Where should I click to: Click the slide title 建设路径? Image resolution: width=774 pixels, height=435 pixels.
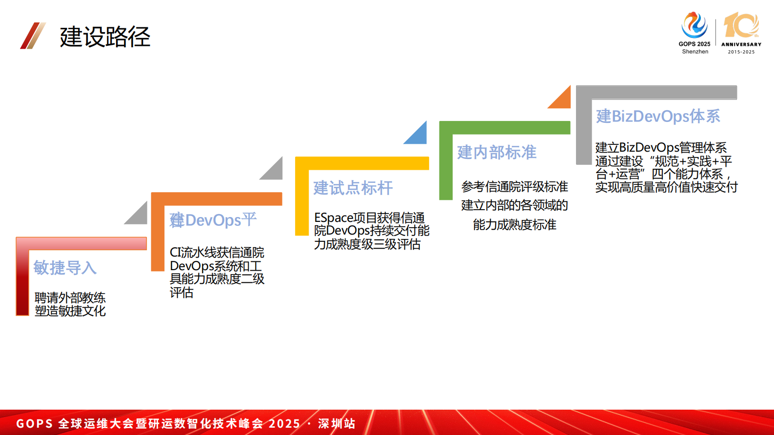click(x=105, y=37)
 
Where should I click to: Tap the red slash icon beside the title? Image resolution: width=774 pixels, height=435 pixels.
click(x=33, y=36)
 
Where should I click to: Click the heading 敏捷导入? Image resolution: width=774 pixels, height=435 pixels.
click(x=65, y=268)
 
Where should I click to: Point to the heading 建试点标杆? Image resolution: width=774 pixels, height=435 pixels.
click(x=353, y=188)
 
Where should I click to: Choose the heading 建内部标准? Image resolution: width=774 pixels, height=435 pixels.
click(x=496, y=153)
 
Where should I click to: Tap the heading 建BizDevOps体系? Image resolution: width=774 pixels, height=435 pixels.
click(x=658, y=117)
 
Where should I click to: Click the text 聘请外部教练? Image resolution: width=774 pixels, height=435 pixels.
click(x=70, y=297)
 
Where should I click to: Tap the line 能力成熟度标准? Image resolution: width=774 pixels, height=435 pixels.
click(x=515, y=225)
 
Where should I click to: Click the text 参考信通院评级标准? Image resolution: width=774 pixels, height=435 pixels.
click(x=515, y=187)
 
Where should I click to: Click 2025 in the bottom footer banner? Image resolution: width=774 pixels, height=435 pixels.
click(x=284, y=423)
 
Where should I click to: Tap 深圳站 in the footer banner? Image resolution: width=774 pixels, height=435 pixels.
click(x=337, y=423)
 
